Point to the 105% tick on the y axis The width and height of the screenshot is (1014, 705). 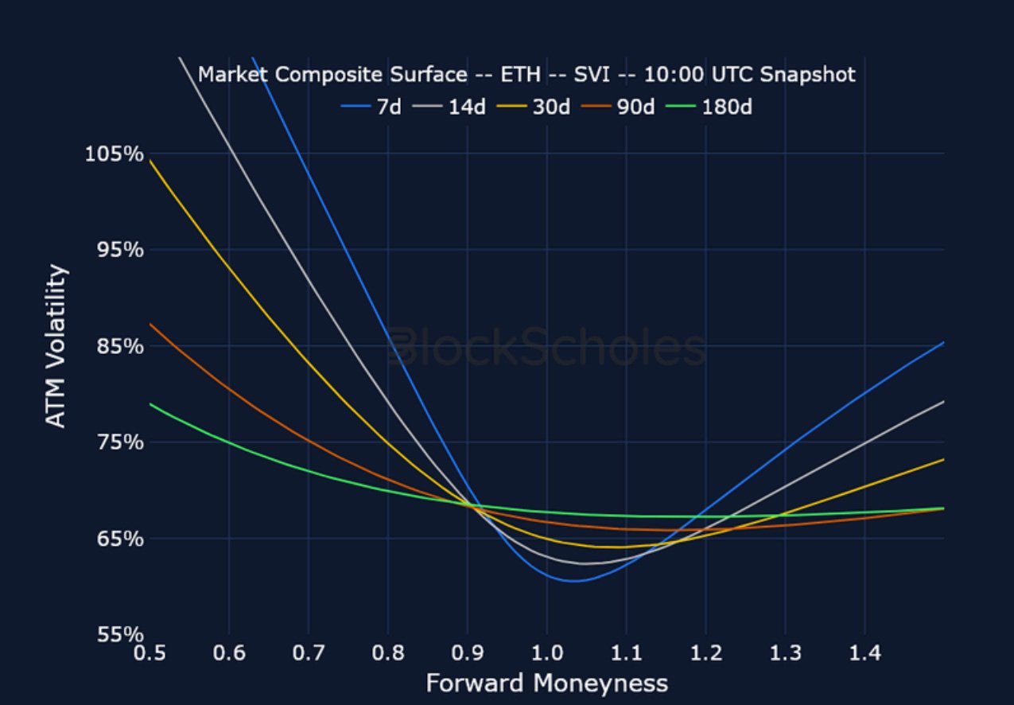click(x=115, y=154)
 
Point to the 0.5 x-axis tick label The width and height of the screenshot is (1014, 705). click(x=149, y=654)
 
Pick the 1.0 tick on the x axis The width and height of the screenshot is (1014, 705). click(x=546, y=654)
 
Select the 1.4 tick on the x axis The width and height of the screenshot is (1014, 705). click(x=864, y=654)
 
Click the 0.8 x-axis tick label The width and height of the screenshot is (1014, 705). click(x=387, y=654)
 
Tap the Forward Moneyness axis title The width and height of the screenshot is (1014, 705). click(x=546, y=684)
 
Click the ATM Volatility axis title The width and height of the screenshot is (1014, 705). click(x=56, y=346)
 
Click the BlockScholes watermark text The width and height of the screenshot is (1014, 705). click(x=546, y=349)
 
